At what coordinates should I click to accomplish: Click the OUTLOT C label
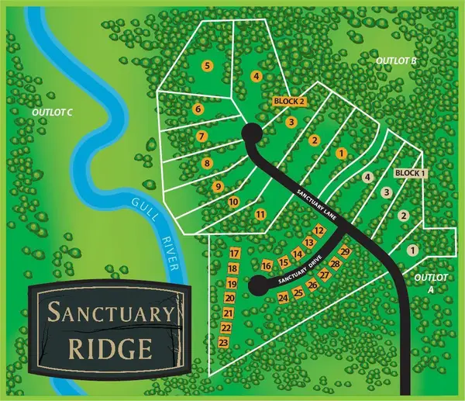[52, 113]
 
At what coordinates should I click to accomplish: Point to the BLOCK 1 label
[410, 172]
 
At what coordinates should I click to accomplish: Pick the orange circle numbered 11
[260, 214]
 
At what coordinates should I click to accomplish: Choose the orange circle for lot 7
[201, 137]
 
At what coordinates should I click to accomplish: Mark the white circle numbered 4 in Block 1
[368, 177]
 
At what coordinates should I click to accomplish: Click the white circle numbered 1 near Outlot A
[412, 250]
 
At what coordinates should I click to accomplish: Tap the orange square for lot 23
[224, 342]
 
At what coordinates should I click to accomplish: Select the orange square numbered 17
[233, 254]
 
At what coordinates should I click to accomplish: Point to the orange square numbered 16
[267, 266]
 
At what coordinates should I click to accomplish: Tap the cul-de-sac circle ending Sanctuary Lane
[251, 135]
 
